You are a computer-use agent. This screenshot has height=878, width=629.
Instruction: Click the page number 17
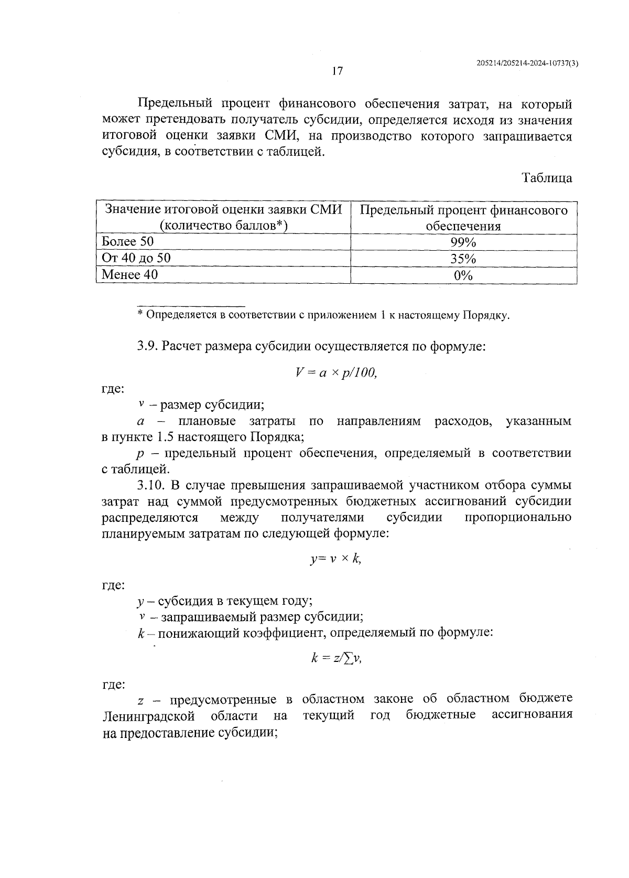point(338,71)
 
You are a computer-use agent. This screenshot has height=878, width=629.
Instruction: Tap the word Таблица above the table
point(547,178)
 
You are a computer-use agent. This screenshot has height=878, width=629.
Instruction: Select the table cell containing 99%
point(463,242)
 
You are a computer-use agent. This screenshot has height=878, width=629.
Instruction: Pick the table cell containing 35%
point(463,259)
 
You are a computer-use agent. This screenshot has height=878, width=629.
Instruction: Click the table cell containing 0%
point(463,275)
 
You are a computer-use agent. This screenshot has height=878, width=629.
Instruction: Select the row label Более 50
point(127,241)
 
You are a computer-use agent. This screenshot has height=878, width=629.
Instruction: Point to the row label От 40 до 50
point(136,258)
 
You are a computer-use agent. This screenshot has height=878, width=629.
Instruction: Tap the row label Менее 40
point(129,274)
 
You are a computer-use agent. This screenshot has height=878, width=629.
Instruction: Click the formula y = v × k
point(336,559)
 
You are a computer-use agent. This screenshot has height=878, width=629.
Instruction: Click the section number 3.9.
point(148,346)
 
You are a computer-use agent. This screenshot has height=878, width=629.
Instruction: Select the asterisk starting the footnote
point(140,315)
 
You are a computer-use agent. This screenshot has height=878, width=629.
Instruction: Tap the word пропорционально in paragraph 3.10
point(518,518)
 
